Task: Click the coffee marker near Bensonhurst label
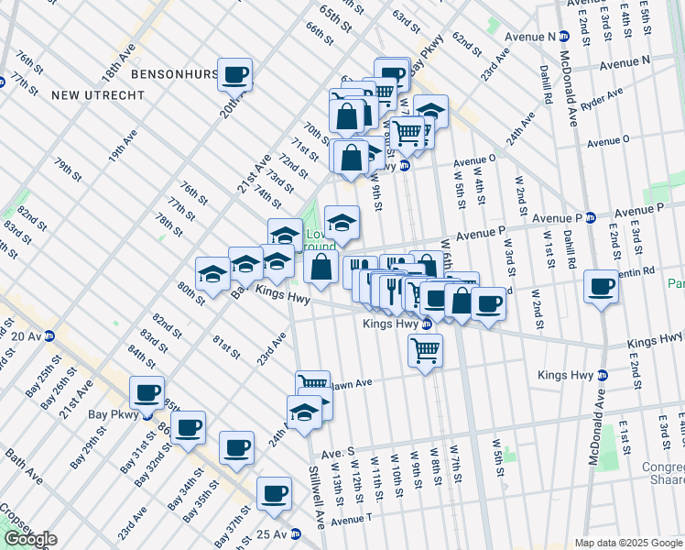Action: click(234, 74)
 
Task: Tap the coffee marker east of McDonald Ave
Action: click(601, 288)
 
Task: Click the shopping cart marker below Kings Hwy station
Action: click(425, 349)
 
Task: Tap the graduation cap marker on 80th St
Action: click(212, 274)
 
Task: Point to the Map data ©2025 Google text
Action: click(628, 543)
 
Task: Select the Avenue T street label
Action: click(352, 519)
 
